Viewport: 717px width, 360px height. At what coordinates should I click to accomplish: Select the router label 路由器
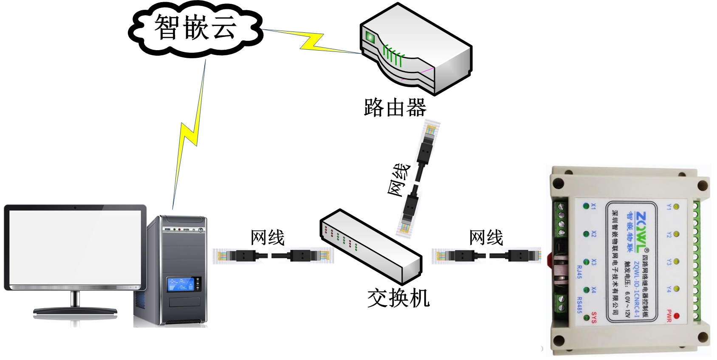coord(395,107)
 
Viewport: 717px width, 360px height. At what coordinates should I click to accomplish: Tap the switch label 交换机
coord(398,298)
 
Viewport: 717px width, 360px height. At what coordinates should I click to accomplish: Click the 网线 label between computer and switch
coord(267,238)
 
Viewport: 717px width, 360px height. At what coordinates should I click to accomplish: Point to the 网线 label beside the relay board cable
coord(486,238)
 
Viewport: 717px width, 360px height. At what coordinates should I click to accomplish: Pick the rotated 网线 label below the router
coord(400,180)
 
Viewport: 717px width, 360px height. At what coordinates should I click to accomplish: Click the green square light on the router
coord(370,37)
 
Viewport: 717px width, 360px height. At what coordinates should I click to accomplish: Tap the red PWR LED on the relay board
coord(676,315)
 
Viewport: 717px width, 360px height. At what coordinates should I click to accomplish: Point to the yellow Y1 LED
coord(676,207)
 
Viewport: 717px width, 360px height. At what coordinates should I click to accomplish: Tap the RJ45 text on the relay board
coord(579,272)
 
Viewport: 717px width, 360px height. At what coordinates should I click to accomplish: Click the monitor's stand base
coord(75,311)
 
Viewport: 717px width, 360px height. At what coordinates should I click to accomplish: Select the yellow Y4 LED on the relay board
coord(676,289)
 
